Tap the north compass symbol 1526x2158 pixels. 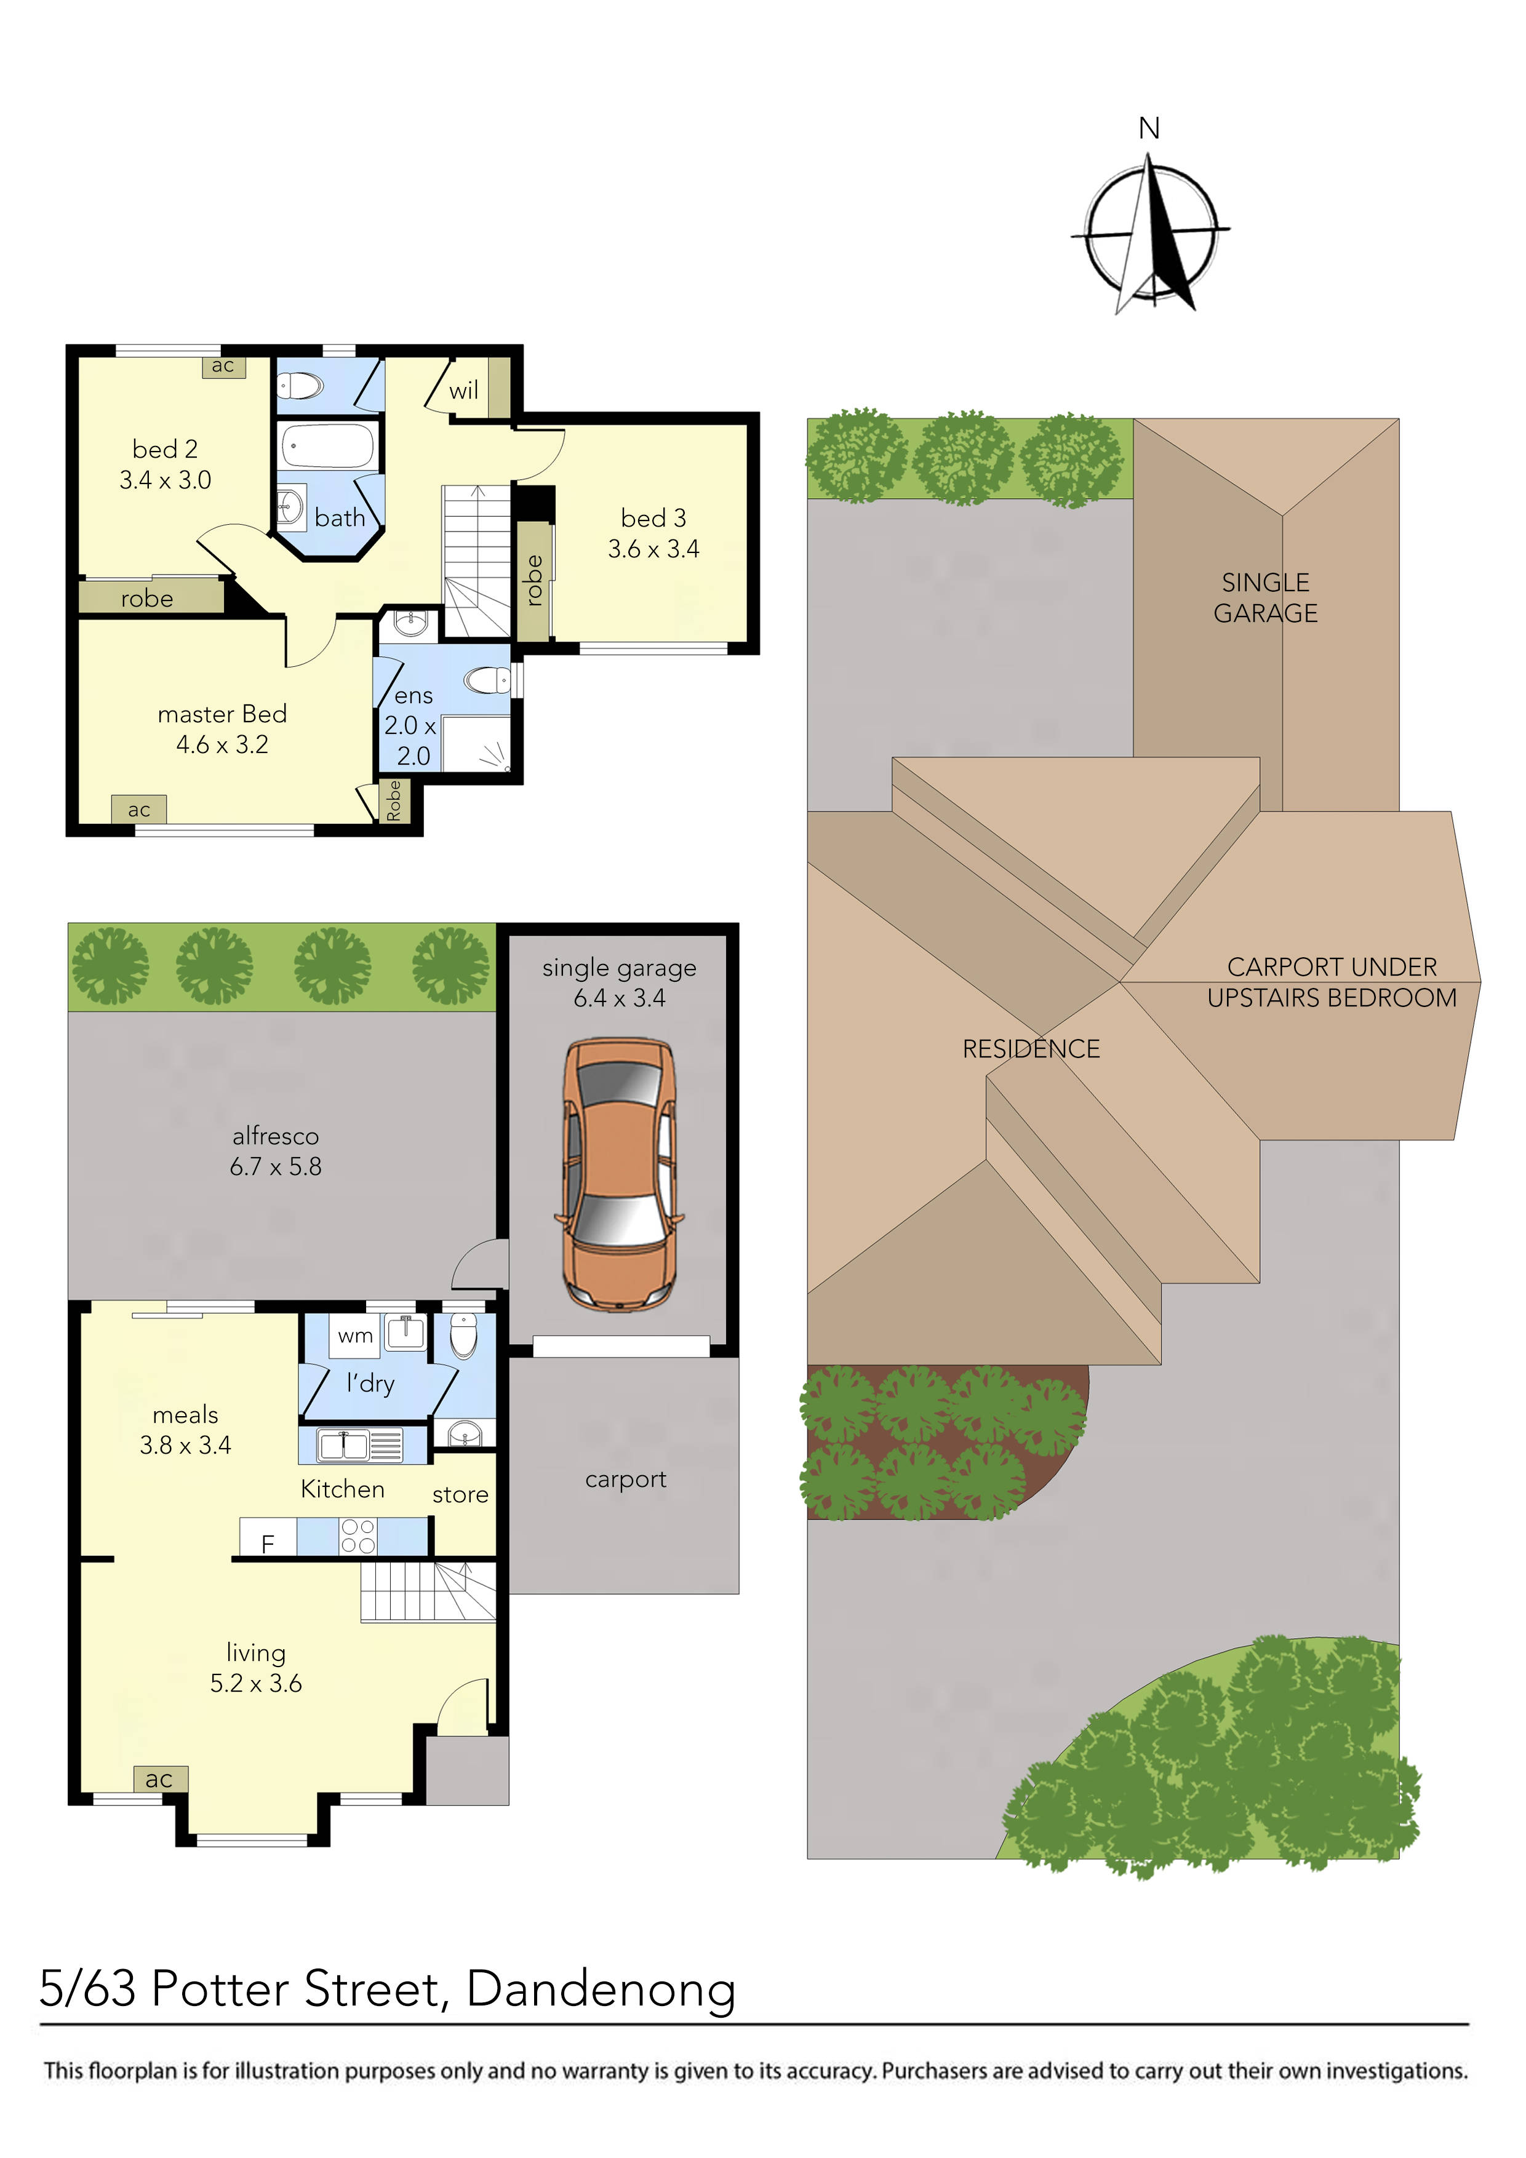click(1151, 230)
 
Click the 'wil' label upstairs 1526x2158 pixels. click(463, 391)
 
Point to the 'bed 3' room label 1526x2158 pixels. click(653, 518)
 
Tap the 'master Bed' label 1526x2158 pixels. click(222, 714)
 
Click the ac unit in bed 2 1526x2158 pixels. click(223, 365)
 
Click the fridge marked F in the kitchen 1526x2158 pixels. click(268, 1543)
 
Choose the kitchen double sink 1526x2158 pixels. click(343, 1444)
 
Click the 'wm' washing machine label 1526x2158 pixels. click(356, 1336)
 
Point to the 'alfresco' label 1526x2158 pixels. click(276, 1136)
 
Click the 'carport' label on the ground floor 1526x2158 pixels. click(625, 1479)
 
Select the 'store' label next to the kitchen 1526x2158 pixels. click(460, 1494)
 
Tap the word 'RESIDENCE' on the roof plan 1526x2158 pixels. click(1031, 1049)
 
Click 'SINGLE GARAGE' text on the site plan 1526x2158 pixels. click(1266, 598)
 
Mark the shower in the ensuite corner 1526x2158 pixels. click(477, 744)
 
